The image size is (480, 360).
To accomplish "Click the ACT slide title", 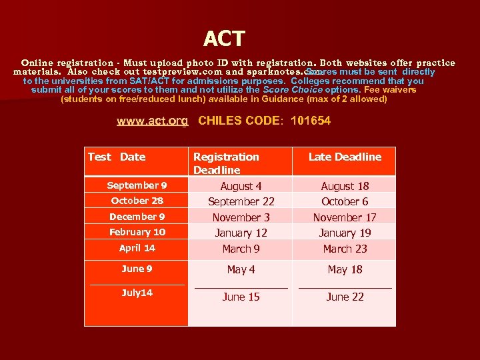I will click(224, 39).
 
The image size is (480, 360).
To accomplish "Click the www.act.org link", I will click(152, 121).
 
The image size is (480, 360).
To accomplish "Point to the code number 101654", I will click(311, 121).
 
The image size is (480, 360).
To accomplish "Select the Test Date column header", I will click(117, 157).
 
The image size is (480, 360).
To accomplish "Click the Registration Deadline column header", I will click(226, 163).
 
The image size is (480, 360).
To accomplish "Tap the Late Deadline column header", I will click(345, 157).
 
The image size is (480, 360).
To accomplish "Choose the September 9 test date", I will click(137, 185).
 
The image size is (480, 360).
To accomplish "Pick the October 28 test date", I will click(137, 201).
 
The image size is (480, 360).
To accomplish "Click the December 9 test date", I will click(137, 217).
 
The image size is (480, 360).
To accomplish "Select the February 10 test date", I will click(137, 232).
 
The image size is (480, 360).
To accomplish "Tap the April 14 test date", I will click(137, 248).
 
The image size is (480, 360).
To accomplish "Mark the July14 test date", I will click(137, 293).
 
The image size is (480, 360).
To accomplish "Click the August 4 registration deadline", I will click(241, 187).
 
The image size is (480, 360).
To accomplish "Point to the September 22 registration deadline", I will click(241, 201).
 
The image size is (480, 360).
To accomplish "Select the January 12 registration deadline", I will click(241, 233).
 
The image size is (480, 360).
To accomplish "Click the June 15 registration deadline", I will click(241, 297).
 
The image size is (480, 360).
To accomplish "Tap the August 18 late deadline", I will click(345, 187).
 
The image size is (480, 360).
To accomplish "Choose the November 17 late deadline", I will click(345, 217).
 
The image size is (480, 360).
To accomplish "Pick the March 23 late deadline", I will click(345, 249).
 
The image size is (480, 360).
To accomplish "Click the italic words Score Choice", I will click(293, 89).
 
